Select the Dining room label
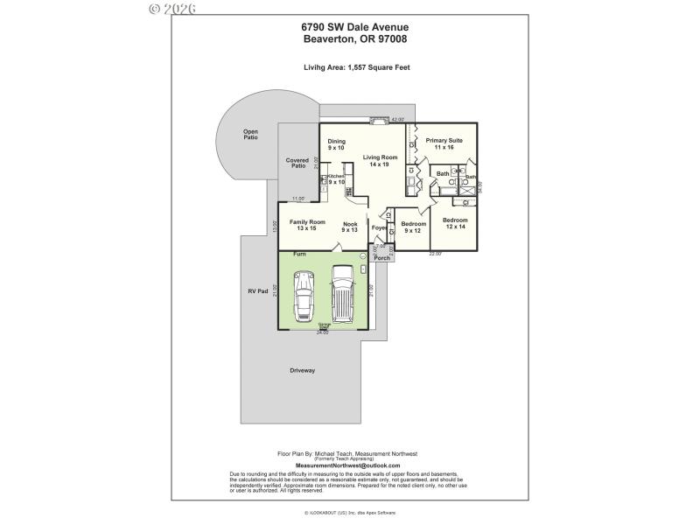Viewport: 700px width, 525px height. [x=337, y=144]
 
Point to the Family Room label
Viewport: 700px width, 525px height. [x=307, y=225]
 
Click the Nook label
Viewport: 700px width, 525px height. [x=350, y=225]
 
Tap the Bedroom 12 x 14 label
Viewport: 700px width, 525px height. [x=454, y=223]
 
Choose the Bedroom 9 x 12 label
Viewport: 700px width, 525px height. [x=413, y=227]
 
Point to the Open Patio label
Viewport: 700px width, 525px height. [x=251, y=134]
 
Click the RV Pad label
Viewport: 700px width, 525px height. [x=257, y=290]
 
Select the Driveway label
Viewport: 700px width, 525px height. [x=303, y=371]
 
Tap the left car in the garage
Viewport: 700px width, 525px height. [x=304, y=296]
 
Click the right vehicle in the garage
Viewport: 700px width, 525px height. [x=342, y=296]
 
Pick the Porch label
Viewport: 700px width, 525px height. [x=381, y=258]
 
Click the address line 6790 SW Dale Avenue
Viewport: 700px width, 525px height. [x=355, y=27]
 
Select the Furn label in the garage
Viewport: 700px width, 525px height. [x=299, y=254]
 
